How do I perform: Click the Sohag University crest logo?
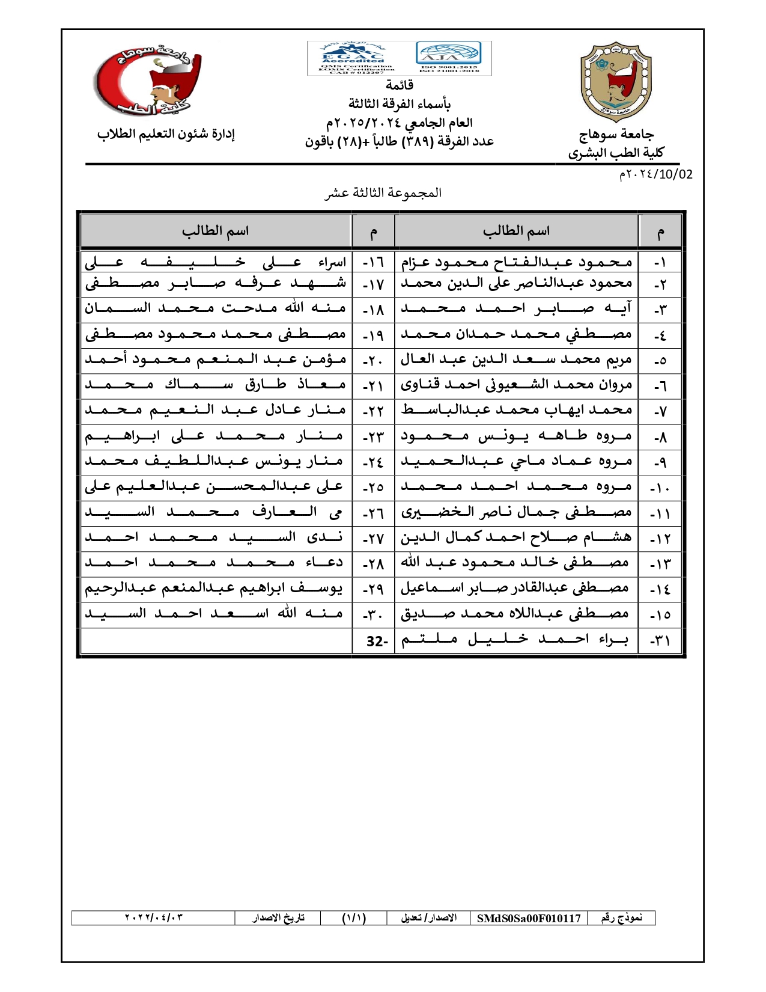[x=616, y=82]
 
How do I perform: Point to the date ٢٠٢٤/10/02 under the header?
[x=655, y=174]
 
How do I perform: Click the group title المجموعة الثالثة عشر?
[x=383, y=193]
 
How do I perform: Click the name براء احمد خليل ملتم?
[x=515, y=640]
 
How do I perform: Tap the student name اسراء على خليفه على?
[x=216, y=262]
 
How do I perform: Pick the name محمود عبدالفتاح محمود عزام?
[x=516, y=262]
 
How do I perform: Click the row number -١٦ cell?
[x=373, y=263]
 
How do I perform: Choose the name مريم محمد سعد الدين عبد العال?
[x=516, y=360]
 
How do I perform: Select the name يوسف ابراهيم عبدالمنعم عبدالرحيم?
[x=214, y=589]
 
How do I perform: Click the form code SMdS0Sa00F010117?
[x=529, y=918]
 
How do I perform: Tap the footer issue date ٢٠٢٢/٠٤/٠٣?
[x=153, y=917]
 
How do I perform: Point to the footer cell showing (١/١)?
[x=354, y=918]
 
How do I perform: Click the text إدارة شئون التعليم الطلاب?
[x=166, y=134]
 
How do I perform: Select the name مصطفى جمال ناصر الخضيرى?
[x=516, y=513]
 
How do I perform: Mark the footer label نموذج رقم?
[x=622, y=917]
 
